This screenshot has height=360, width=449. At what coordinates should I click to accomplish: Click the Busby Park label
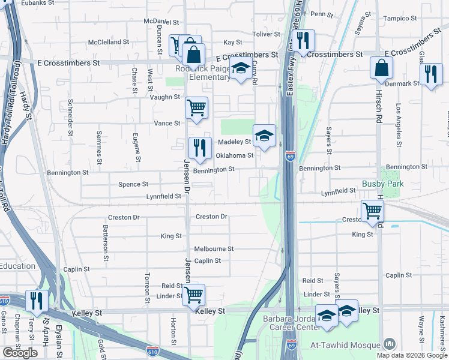pos(382,184)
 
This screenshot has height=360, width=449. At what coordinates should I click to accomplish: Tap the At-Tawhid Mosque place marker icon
pos(390,344)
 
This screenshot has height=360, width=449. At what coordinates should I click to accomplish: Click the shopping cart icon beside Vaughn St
pos(196,107)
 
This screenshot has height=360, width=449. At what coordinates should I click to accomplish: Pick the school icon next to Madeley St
pos(264,135)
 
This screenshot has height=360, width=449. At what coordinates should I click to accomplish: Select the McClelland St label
pos(109,42)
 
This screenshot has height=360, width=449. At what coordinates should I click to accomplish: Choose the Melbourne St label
pos(214,248)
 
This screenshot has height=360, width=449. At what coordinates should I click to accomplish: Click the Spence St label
pos(133,184)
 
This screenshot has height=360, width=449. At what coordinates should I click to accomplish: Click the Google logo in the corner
pos(20,353)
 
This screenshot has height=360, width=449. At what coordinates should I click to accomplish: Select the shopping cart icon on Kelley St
pos(193,295)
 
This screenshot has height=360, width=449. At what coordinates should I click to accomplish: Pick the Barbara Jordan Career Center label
pos(292,324)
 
